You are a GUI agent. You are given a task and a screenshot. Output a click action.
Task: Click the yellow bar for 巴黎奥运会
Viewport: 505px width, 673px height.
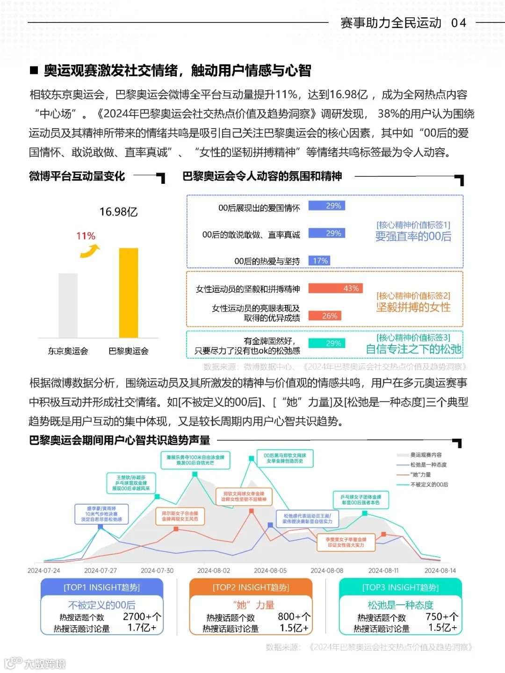click(129, 293)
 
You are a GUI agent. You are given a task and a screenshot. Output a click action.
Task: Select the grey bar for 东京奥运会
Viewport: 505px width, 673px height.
click(68, 305)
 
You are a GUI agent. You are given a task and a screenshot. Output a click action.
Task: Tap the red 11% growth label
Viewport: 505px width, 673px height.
click(86, 236)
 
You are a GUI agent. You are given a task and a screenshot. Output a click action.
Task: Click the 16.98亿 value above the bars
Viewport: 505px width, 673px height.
click(118, 212)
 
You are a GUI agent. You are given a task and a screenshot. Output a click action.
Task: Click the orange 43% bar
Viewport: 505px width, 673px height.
click(335, 289)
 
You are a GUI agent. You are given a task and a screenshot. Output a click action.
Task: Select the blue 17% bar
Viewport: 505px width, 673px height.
click(319, 261)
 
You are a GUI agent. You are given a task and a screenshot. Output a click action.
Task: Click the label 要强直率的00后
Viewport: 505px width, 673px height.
click(413, 237)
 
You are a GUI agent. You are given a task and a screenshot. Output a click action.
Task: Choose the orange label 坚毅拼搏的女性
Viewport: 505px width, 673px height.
click(413, 307)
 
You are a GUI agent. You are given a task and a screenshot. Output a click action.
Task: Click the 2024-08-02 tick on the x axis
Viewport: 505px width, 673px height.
click(214, 571)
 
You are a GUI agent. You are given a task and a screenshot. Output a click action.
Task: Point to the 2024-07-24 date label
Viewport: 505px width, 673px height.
click(44, 571)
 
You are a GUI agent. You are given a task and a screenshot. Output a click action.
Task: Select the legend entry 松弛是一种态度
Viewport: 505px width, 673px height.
click(428, 465)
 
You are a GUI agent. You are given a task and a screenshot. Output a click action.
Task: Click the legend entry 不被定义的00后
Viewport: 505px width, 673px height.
click(429, 485)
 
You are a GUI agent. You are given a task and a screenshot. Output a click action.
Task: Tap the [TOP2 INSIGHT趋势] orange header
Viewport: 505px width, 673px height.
click(251, 587)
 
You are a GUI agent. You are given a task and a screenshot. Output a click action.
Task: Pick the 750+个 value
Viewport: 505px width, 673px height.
click(442, 617)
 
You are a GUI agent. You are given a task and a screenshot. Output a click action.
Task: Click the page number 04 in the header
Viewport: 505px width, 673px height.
click(459, 22)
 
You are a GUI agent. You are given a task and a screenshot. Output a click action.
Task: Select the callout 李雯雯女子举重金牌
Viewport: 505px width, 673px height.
click(346, 542)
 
